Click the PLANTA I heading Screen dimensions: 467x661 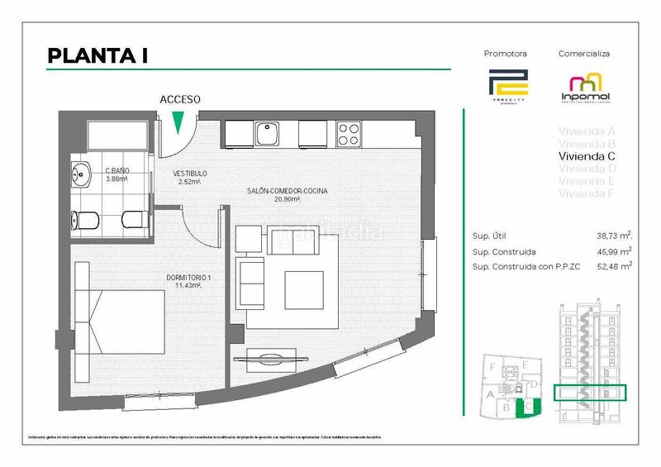click(x=97, y=55)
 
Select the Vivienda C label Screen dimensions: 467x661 click(x=587, y=155)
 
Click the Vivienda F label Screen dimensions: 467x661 click(x=587, y=193)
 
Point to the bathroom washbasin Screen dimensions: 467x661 click(x=81, y=174)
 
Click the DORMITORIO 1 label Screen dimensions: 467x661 click(x=188, y=278)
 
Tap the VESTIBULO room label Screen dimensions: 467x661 click(x=190, y=174)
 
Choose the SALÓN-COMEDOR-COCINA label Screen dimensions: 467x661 click(x=287, y=192)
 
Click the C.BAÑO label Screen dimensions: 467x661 click(x=117, y=172)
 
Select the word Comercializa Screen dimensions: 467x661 click(x=583, y=54)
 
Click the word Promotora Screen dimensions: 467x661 click(x=505, y=54)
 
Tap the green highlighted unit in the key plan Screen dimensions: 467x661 click(x=523, y=405)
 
